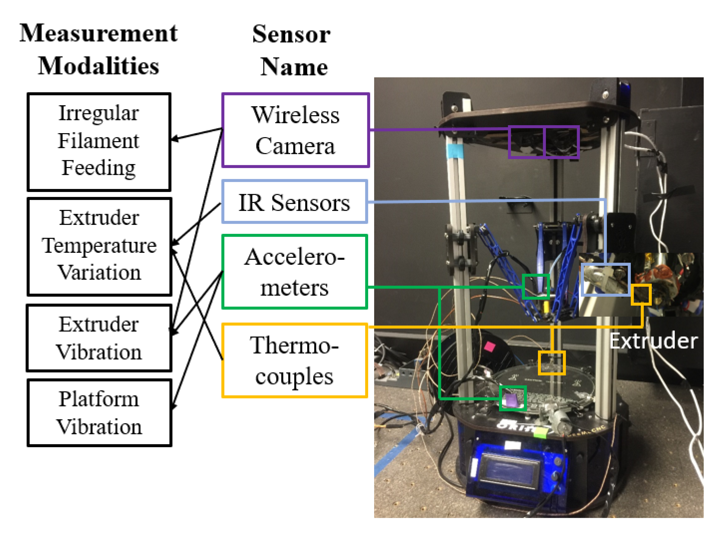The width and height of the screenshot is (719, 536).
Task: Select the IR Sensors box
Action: click(294, 202)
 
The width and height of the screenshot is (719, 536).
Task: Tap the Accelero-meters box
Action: click(294, 271)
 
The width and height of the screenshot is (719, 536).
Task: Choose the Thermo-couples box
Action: click(294, 360)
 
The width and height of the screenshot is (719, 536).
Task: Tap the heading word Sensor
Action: click(291, 34)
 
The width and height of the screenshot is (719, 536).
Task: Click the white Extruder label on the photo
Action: click(653, 341)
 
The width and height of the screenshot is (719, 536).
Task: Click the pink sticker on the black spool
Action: click(489, 347)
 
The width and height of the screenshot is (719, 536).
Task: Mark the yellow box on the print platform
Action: click(551, 363)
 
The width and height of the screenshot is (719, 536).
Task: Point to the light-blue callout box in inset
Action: click(605, 279)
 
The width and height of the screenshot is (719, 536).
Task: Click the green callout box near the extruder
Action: click(535, 286)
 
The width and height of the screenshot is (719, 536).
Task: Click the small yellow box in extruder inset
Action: click(641, 294)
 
